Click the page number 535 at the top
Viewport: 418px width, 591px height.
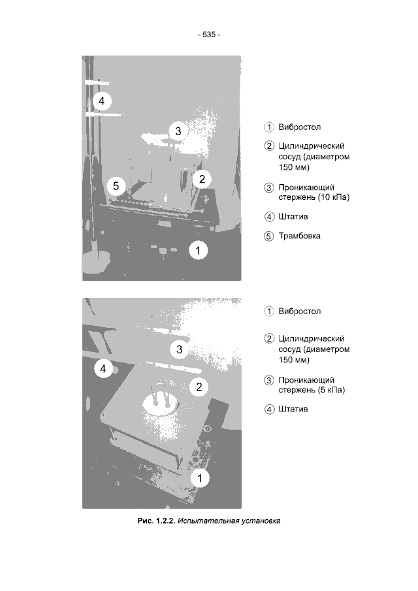click(209, 35)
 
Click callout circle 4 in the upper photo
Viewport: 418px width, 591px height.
click(102, 101)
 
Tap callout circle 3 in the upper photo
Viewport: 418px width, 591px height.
click(178, 131)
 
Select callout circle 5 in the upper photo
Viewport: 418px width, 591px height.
click(116, 186)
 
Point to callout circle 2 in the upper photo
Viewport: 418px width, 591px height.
click(202, 179)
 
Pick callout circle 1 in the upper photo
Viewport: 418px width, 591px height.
click(199, 250)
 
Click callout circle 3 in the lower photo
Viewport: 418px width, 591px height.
click(179, 349)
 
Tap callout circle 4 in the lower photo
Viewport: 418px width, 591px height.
click(103, 368)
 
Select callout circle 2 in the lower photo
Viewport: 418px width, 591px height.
click(199, 387)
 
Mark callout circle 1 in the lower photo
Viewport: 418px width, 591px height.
click(199, 478)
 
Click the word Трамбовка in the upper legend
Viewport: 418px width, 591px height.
click(299, 236)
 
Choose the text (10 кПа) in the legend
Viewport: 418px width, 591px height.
click(333, 197)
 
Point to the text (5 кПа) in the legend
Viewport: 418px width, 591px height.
click(331, 390)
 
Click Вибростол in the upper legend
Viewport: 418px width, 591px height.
click(300, 127)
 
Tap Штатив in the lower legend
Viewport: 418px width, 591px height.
click(293, 409)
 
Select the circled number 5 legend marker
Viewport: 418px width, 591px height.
click(268, 236)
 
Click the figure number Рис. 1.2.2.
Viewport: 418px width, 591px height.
click(156, 521)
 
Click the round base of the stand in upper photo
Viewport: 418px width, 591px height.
click(96, 259)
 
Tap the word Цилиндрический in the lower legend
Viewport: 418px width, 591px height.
click(312, 339)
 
